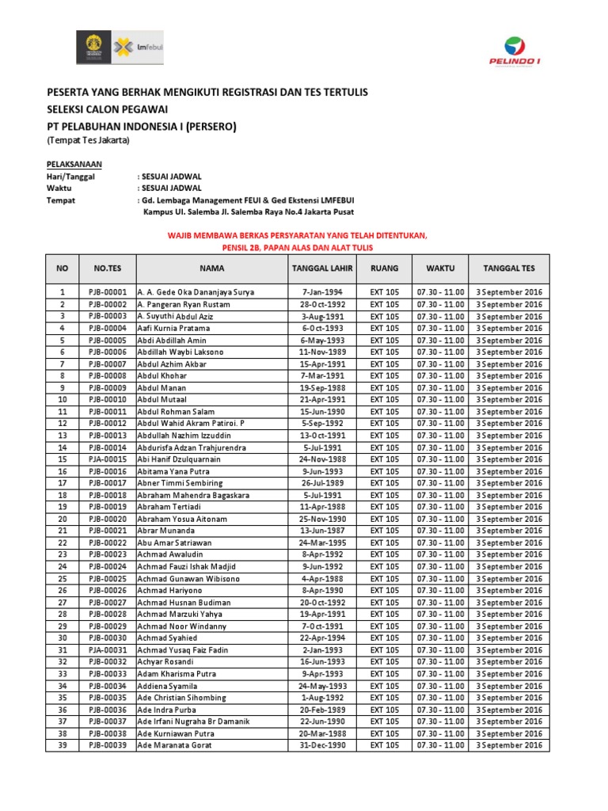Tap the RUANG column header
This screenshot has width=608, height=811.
tap(385, 268)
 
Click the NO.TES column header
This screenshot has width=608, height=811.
tap(107, 268)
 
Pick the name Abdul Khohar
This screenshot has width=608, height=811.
tap(162, 375)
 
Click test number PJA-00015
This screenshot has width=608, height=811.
tap(108, 459)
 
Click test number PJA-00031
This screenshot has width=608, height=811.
tap(108, 649)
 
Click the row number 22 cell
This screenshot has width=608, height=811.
tap(62, 543)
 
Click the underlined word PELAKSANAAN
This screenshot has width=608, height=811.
tap(74, 164)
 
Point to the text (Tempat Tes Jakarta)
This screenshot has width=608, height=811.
tap(87, 141)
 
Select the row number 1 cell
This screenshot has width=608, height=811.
tap(62, 292)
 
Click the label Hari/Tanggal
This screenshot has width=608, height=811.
tap(70, 177)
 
